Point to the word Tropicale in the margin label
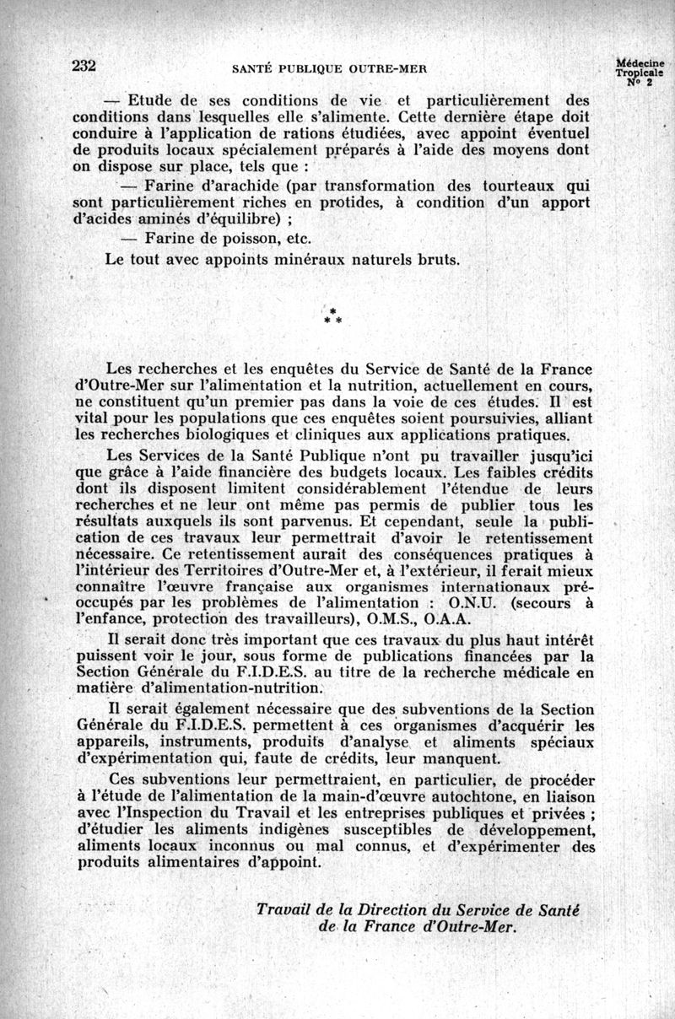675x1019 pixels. point(639,73)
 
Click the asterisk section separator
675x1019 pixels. point(332,316)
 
